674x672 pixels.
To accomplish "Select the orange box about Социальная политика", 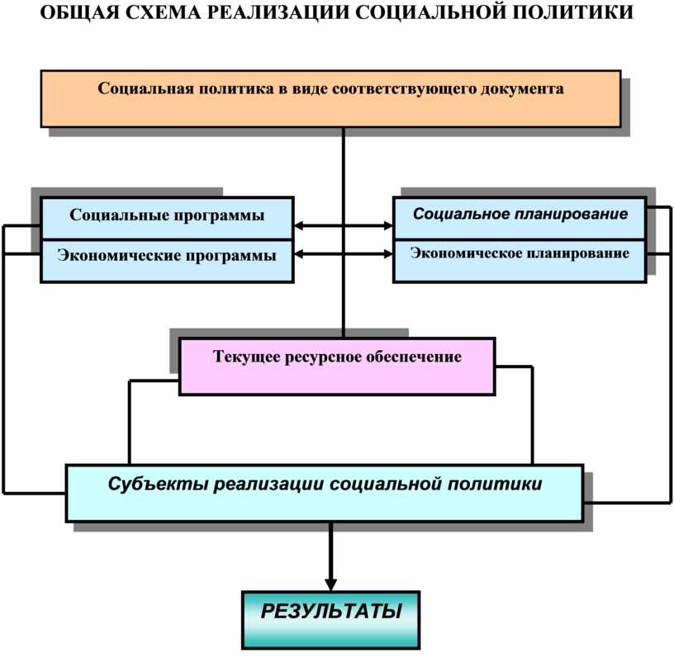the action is pyautogui.click(x=331, y=99).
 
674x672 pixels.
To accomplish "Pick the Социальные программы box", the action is pyautogui.click(x=167, y=218).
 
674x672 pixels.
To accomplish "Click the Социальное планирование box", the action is pyautogui.click(x=520, y=218).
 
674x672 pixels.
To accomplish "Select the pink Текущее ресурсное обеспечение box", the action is pyautogui.click(x=338, y=367).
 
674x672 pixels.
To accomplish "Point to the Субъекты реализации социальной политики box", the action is pyautogui.click(x=325, y=493).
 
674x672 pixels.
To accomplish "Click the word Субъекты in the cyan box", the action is pyautogui.click(x=159, y=485).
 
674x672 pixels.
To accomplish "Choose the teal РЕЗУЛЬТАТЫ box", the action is pyautogui.click(x=331, y=620).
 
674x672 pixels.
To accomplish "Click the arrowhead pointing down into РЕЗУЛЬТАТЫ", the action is pyautogui.click(x=330, y=585).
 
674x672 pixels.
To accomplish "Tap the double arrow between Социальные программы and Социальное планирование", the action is pyautogui.click(x=344, y=225).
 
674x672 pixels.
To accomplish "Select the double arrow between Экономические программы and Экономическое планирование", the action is pyautogui.click(x=344, y=254).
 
